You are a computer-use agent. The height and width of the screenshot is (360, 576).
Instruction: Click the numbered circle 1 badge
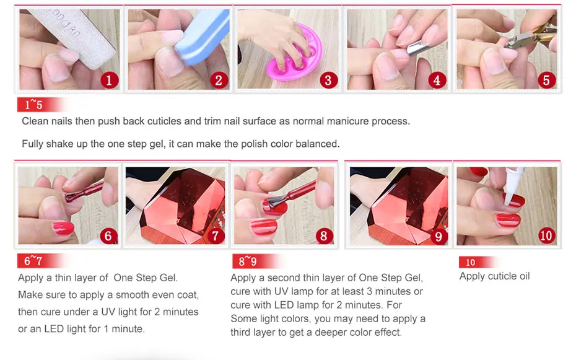[x=109, y=80]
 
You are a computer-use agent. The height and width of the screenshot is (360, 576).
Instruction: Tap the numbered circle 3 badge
[x=328, y=80]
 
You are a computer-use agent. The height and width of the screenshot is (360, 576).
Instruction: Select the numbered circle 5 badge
[x=547, y=80]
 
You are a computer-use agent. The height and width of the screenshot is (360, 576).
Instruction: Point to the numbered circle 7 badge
[x=216, y=236]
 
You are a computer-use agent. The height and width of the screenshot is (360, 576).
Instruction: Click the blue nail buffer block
[x=203, y=37]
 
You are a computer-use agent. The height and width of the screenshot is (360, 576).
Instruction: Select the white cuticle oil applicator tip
[x=512, y=187]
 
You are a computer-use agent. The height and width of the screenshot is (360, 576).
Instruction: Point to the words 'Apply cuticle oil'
[x=494, y=276]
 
